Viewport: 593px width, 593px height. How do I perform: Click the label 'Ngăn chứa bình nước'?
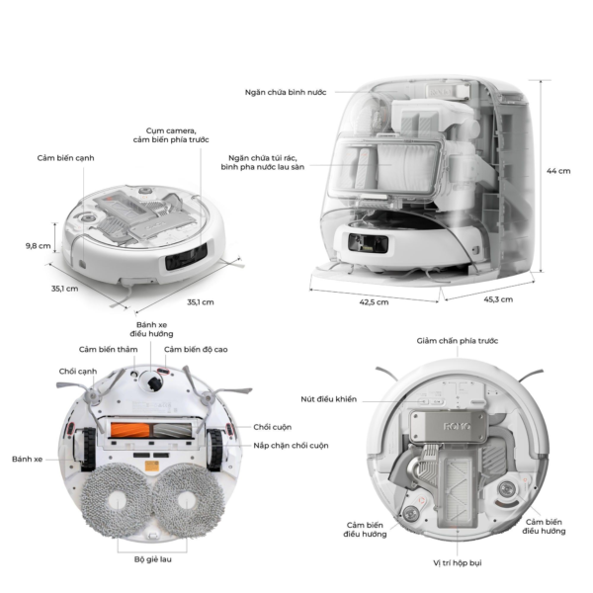pos(287,92)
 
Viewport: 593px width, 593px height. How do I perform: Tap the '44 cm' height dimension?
pos(558,170)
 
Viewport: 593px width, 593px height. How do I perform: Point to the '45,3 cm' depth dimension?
pos(498,297)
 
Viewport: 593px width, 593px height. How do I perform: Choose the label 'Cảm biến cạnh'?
pos(65,157)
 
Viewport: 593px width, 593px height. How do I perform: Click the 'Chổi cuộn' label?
pos(273,427)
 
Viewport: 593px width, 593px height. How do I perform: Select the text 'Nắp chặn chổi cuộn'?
pos(291,446)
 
